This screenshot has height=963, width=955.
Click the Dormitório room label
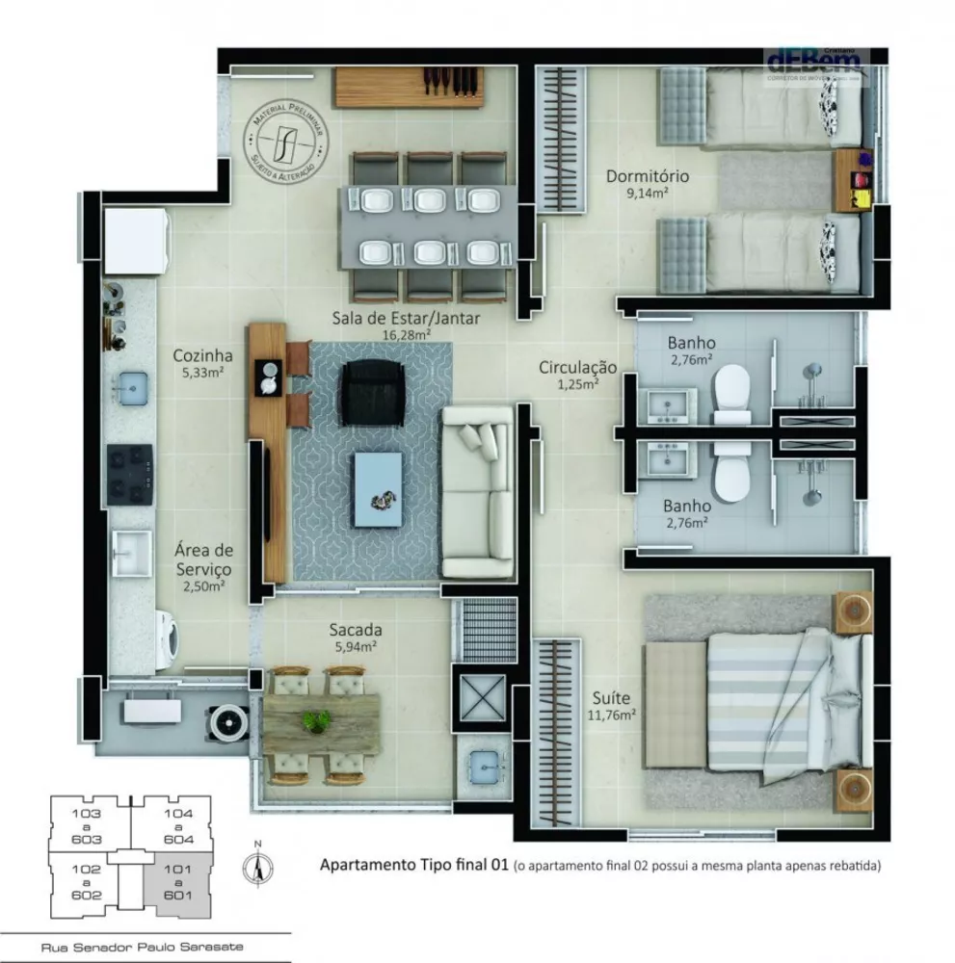[x=647, y=176]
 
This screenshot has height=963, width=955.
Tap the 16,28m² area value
[x=406, y=334]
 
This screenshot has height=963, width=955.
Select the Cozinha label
[x=202, y=354]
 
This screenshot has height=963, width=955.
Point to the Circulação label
[x=577, y=367]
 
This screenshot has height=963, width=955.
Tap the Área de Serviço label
[x=202, y=560]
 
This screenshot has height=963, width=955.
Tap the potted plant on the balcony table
[x=316, y=720]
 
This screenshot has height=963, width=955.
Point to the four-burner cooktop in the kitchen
[x=129, y=474]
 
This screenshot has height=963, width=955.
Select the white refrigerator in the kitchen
[x=136, y=242]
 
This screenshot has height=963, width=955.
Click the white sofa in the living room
[x=478, y=492]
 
